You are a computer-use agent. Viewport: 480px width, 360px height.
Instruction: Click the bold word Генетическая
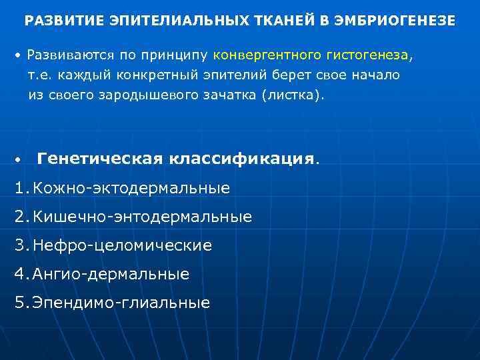pyautogui.click(x=100, y=159)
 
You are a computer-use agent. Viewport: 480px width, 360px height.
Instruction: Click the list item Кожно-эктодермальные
pyautogui.click(x=131, y=189)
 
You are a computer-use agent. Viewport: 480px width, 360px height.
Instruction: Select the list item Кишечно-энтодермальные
pyautogui.click(x=143, y=217)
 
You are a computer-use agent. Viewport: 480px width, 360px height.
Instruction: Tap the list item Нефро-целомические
pyautogui.click(x=122, y=245)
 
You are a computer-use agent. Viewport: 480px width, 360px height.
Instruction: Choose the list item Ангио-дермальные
pyautogui.click(x=111, y=274)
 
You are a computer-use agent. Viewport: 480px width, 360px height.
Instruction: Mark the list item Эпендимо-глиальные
pyautogui.click(x=121, y=303)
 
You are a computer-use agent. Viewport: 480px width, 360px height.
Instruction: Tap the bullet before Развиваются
pyautogui.click(x=20, y=53)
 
